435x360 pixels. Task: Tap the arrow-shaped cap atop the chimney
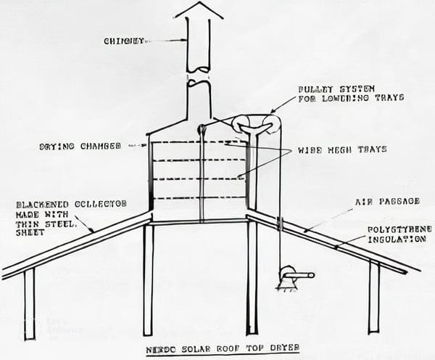coord(199,10)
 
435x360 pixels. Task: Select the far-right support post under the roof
coord(373,298)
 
